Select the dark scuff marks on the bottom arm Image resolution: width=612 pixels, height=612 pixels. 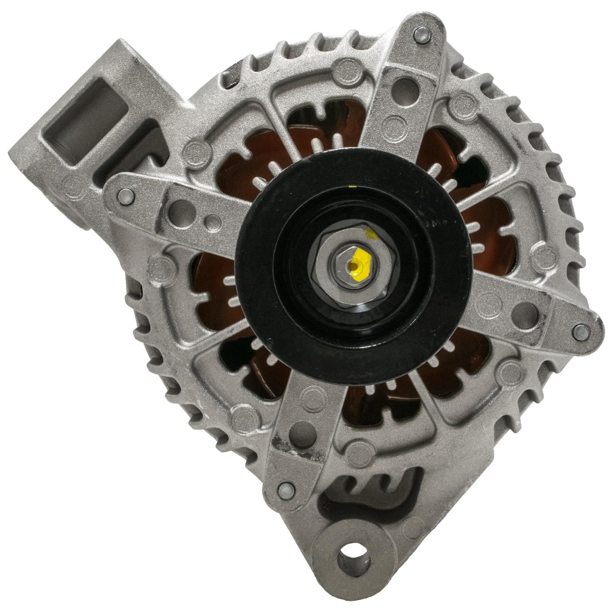[282, 443]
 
